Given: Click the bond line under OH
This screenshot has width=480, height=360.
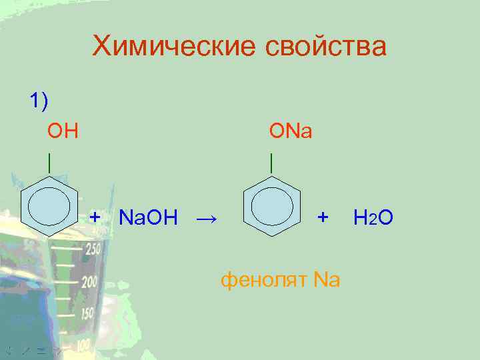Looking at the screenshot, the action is [x=49, y=161].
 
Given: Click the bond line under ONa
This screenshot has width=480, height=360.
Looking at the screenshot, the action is [x=271, y=161].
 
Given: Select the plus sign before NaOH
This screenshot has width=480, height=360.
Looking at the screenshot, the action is [x=95, y=217].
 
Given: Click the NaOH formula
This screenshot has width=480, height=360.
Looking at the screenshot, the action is [x=147, y=217].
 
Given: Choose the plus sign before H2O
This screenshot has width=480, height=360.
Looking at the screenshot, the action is [x=323, y=217].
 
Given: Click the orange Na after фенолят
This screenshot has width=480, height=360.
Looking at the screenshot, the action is [x=326, y=279].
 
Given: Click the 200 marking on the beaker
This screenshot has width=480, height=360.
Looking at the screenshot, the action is [x=89, y=281].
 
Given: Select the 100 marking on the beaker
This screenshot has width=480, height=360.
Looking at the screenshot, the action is [x=83, y=345].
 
